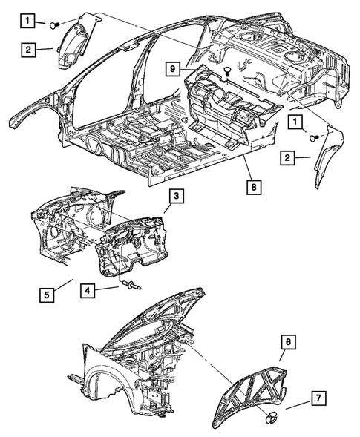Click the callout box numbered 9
point(173,68)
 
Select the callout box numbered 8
point(254,187)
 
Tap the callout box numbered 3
point(176,197)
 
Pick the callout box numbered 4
point(88,291)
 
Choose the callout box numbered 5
point(47,295)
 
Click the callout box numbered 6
point(288,342)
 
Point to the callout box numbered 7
point(318,398)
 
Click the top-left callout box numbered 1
point(27,21)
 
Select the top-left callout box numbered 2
point(28,50)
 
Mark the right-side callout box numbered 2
point(288,158)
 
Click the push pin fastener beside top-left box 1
point(54,26)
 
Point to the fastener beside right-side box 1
point(315,138)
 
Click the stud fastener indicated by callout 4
point(131,286)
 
